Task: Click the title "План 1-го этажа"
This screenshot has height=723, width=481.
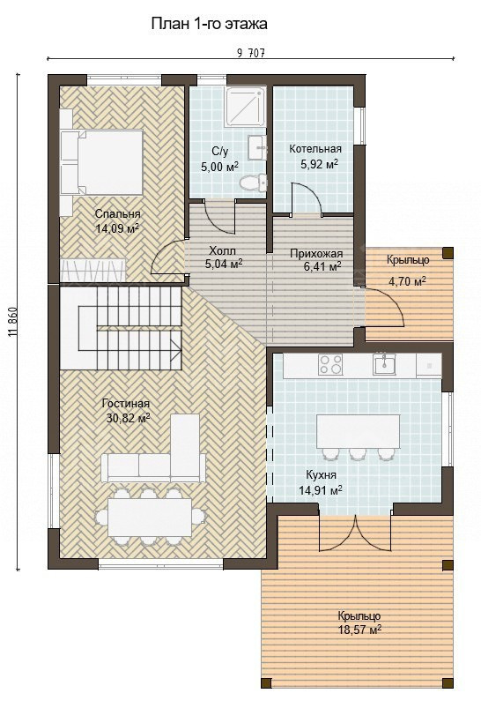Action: tap(209, 25)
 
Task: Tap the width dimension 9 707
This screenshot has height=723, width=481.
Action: tap(251, 53)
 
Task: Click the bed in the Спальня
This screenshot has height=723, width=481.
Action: tap(101, 162)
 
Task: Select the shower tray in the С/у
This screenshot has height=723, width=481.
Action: tap(246, 106)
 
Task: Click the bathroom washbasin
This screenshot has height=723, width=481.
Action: tap(257, 147)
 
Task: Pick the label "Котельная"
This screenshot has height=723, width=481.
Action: tap(315, 149)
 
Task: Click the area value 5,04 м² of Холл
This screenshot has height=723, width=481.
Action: tap(224, 264)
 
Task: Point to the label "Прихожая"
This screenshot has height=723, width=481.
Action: tap(316, 254)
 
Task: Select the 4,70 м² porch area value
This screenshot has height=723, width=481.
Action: tap(407, 281)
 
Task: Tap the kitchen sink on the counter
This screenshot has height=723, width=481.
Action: tap(384, 364)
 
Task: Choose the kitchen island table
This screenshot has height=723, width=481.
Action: tap(358, 431)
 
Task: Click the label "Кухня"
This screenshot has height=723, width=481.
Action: tap(321, 475)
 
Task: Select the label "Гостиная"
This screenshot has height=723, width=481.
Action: tap(126, 404)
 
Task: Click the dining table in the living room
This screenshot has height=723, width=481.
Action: tap(150, 517)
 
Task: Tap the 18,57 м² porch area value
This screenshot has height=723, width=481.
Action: tap(359, 630)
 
